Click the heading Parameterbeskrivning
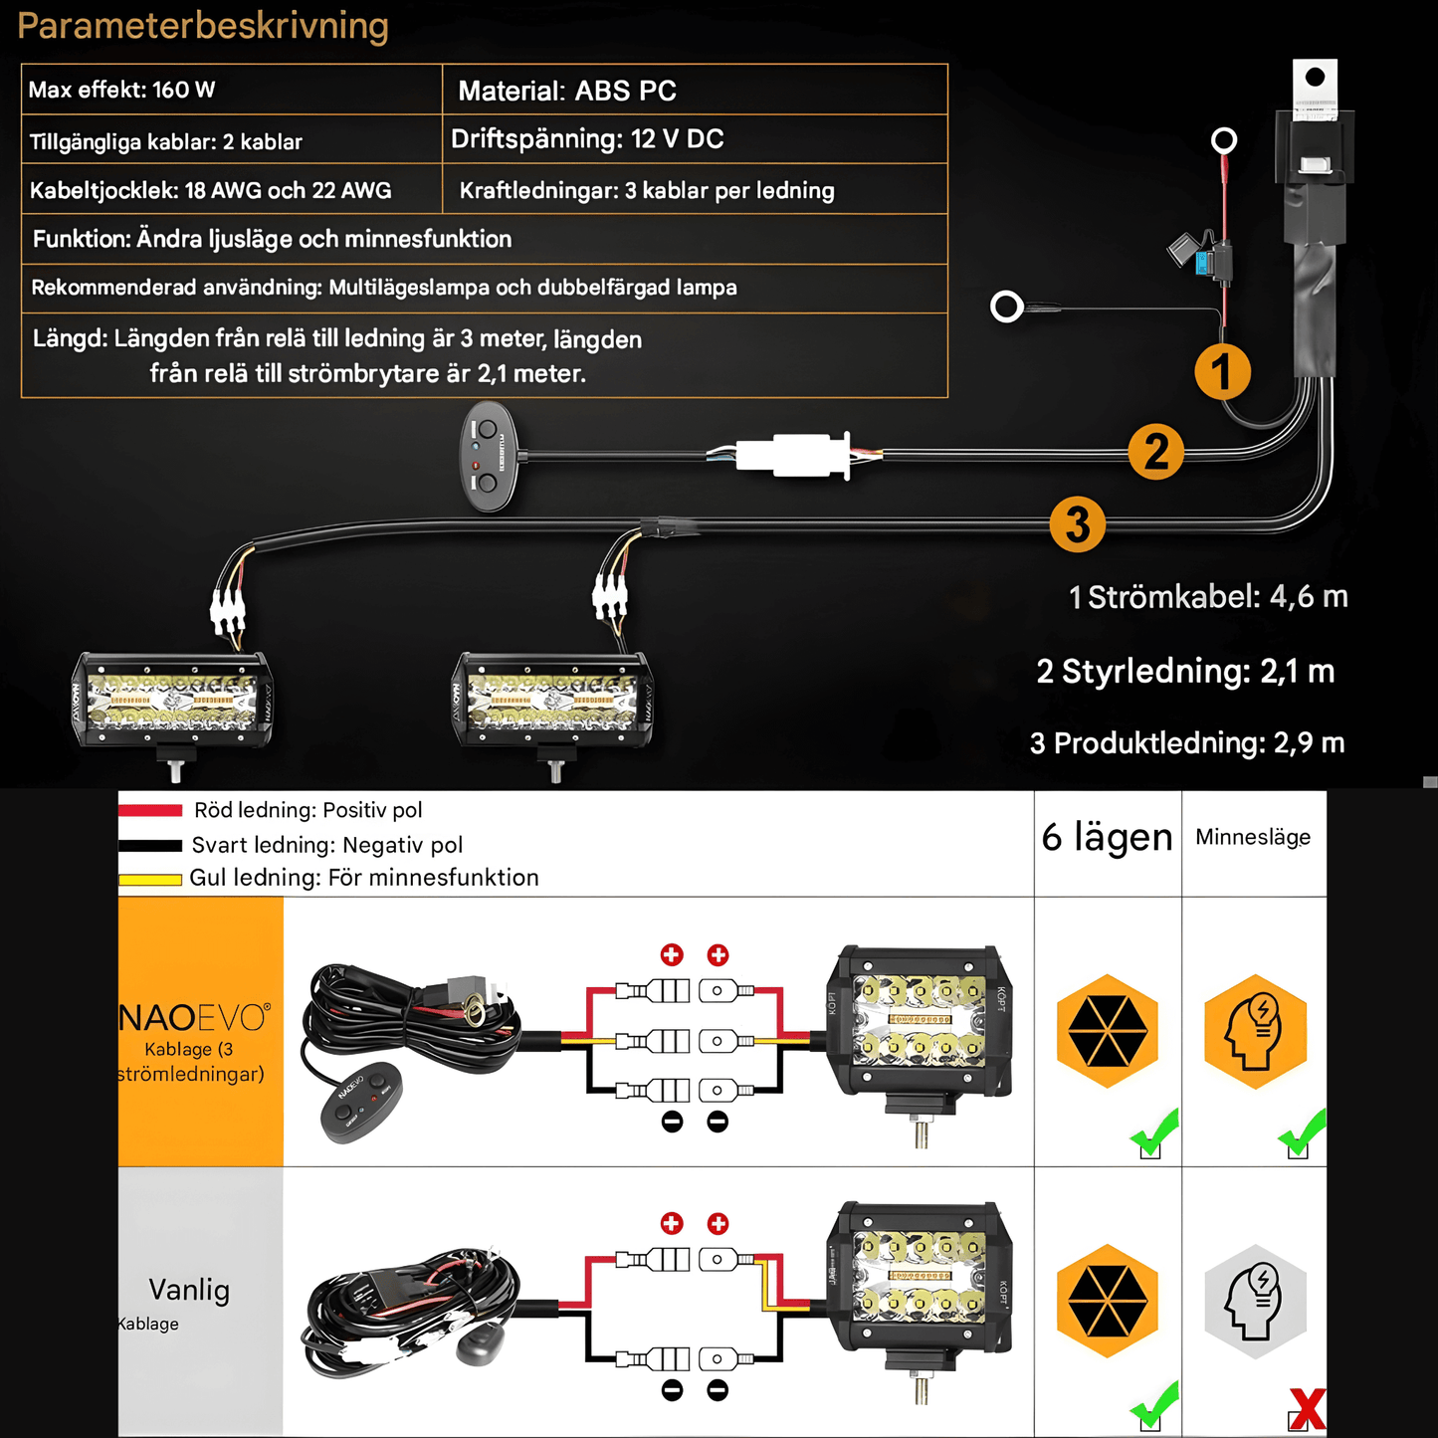[x=203, y=26]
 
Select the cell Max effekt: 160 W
[x=231, y=90]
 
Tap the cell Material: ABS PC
[x=694, y=91]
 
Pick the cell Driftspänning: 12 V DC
[x=694, y=139]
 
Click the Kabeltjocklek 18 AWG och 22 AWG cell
[x=231, y=190]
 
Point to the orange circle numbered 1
[x=1222, y=372]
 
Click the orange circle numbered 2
[x=1155, y=452]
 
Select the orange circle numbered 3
[x=1077, y=524]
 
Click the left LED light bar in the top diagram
[x=172, y=701]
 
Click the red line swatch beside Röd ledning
[x=150, y=811]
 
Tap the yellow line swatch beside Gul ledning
[x=150, y=880]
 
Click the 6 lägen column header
[x=1107, y=838]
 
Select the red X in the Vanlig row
[x=1306, y=1409]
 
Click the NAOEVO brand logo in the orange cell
[x=194, y=1017]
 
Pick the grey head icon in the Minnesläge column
[x=1255, y=1301]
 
